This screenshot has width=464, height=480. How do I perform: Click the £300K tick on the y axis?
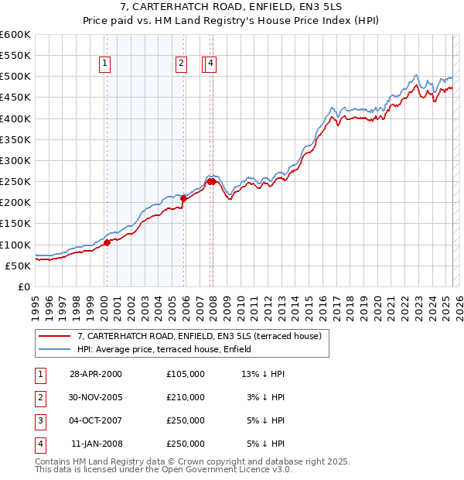[x=16, y=160]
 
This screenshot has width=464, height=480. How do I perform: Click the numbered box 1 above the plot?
[x=104, y=65]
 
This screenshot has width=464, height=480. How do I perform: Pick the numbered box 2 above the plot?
[x=181, y=65]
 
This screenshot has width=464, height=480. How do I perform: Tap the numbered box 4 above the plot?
[x=210, y=65]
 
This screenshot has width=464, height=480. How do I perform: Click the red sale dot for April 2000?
[x=107, y=242]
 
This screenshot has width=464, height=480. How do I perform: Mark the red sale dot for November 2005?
[x=184, y=198]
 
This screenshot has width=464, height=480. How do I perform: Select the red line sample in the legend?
[x=54, y=336]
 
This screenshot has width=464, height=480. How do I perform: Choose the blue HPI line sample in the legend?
[x=54, y=349]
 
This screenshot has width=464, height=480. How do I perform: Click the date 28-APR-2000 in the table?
[x=95, y=374]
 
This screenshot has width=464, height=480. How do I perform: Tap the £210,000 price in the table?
[x=185, y=397]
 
